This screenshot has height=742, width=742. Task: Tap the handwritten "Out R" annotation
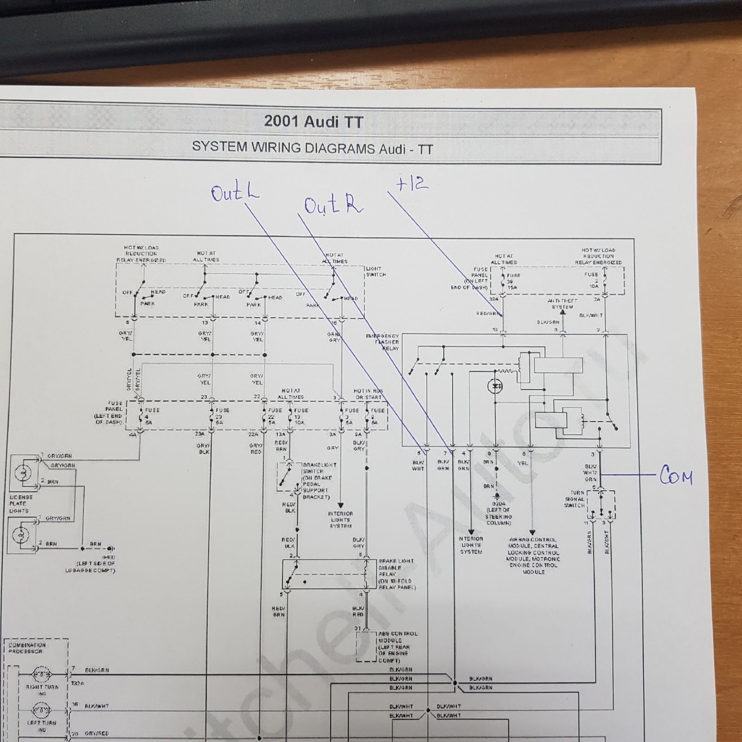pos(333,205)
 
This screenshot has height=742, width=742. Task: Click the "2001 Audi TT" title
pos(313,122)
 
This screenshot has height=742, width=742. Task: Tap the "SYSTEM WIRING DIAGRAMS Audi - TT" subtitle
pos(312,148)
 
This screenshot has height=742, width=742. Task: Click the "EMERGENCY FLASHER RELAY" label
pos(383,342)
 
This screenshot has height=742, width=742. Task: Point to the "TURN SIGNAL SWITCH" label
pos(575,499)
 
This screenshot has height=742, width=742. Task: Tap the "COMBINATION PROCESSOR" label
pos(27,648)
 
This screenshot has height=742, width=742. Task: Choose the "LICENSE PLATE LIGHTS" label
pos(20,504)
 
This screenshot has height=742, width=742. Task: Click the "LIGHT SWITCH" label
pos(376,271)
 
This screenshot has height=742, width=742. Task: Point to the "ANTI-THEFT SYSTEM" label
pos(562,304)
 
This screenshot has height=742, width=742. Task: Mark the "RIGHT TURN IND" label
pos(42,690)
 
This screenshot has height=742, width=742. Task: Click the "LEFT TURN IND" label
pos(42,725)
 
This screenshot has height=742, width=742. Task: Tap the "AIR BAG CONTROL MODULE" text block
pos(533,556)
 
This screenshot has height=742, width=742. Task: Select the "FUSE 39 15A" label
pos(512,281)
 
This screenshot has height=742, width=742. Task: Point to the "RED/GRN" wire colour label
pos(488,313)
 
